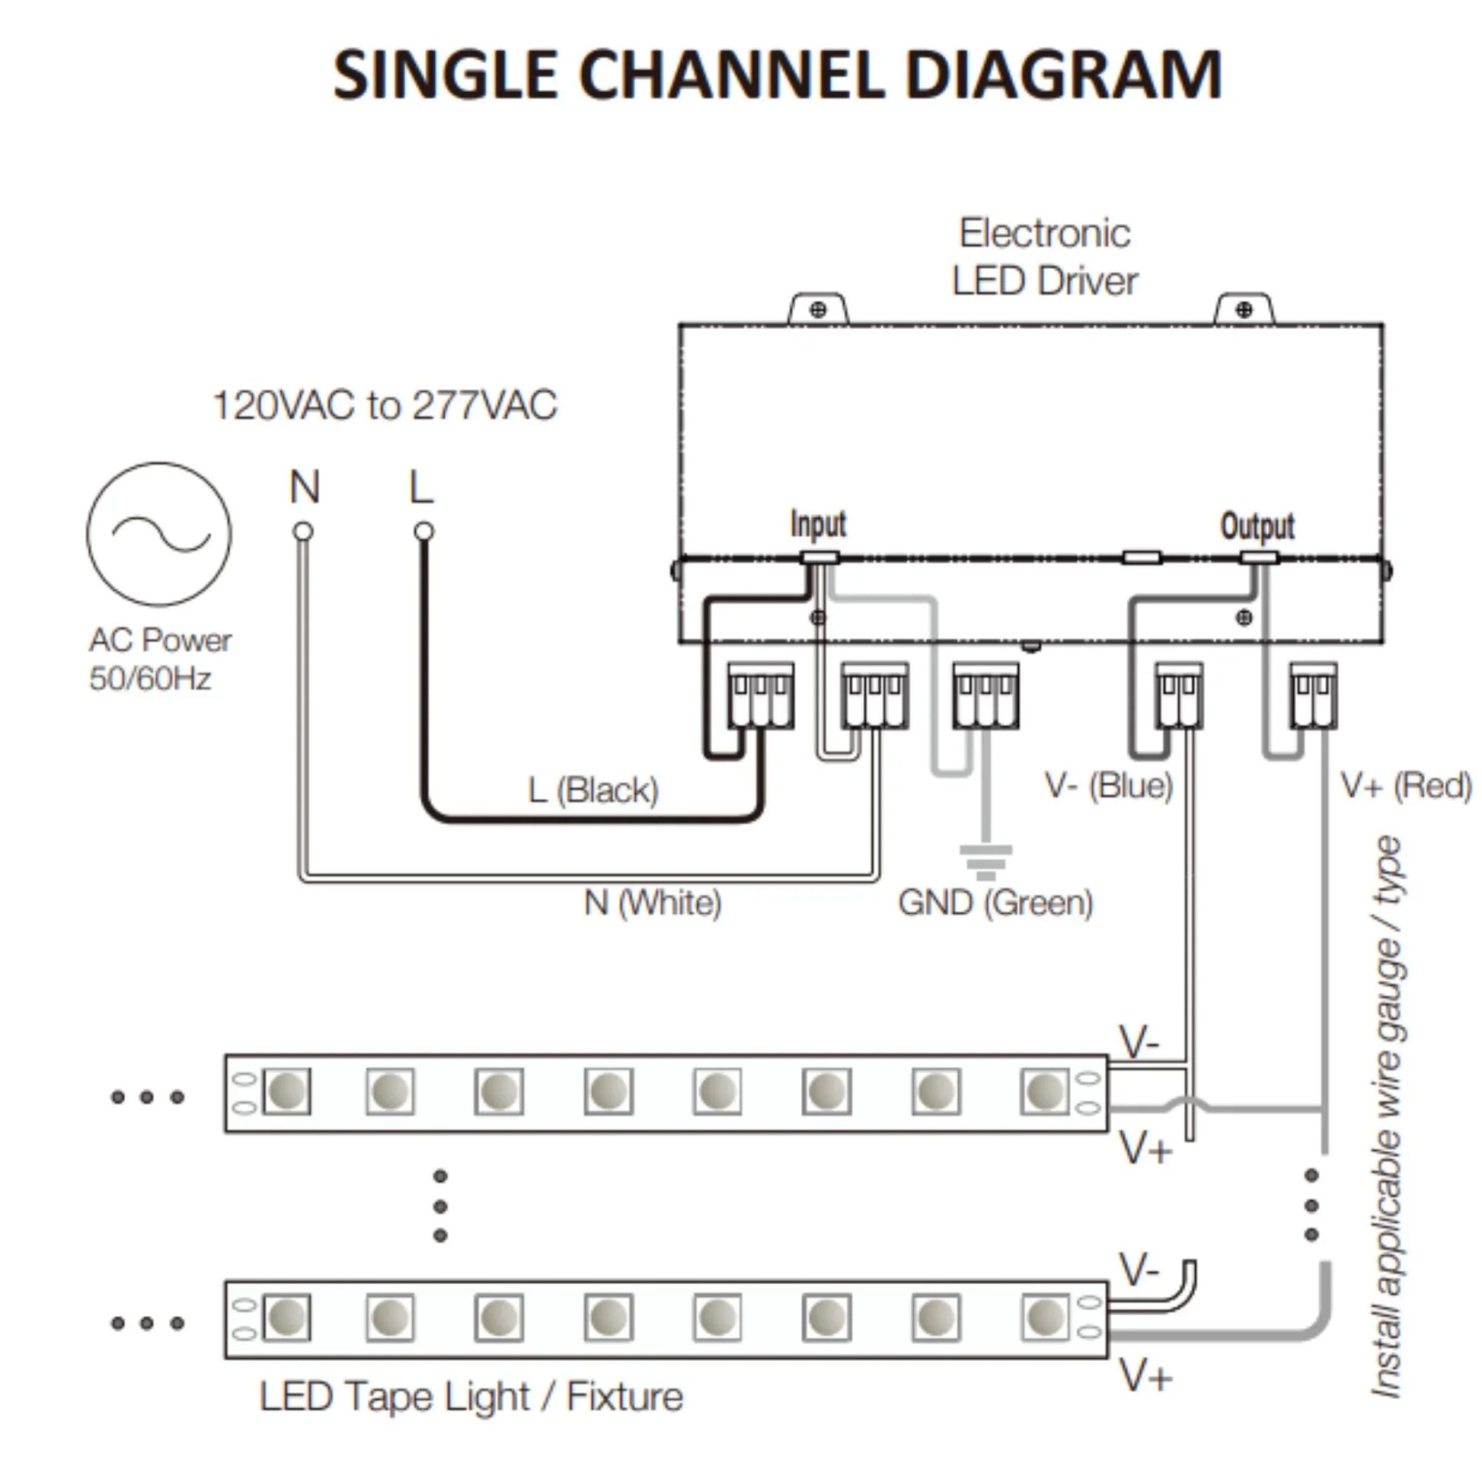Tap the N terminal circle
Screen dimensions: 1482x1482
[304, 531]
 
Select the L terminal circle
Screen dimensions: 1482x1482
[423, 531]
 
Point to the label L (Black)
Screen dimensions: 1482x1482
[593, 790]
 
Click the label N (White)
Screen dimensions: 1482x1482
[653, 902]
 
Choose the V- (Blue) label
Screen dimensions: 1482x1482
[1108, 784]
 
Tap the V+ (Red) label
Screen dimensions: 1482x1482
[1405, 784]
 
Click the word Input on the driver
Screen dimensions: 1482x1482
[818, 524]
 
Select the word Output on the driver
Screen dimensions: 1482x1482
[1257, 525]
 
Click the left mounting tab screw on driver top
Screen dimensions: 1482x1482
[819, 310]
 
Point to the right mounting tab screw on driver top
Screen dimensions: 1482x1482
[1244, 310]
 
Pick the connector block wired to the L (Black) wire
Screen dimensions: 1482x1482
[760, 695]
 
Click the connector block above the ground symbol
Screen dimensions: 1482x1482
[985, 695]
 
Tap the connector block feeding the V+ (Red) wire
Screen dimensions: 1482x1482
[1313, 695]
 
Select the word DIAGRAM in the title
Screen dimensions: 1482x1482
[1063, 75]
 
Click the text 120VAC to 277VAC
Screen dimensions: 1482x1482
[385, 406]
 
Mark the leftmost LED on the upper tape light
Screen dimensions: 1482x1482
[287, 1091]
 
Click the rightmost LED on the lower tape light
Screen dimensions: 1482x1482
[1045, 1317]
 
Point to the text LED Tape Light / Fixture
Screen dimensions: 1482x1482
[471, 1396]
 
